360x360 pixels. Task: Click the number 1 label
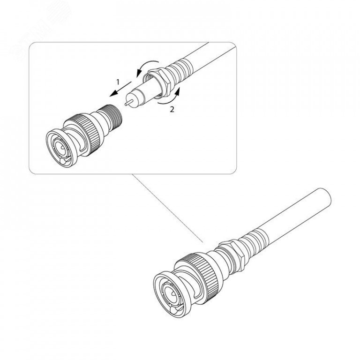118,82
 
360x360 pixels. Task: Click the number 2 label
172,109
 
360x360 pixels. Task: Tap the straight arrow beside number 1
120,89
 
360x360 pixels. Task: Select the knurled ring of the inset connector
84,133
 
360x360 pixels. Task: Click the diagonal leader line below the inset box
167,208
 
